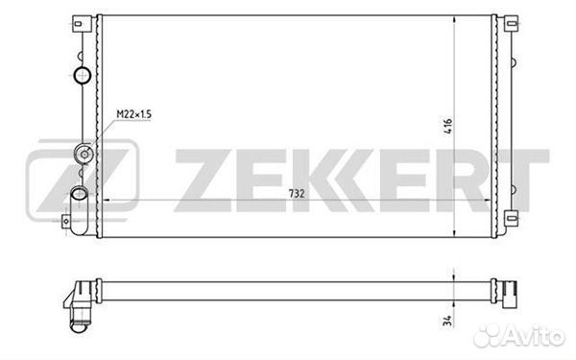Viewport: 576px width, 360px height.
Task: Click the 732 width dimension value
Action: click(297, 193)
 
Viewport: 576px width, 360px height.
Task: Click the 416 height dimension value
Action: click(447, 126)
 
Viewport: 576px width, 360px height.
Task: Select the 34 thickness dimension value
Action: click(447, 321)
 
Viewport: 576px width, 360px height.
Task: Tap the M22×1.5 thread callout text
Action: click(133, 114)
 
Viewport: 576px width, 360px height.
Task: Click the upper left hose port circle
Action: click(83, 75)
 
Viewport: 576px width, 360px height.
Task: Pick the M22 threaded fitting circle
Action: click(84, 154)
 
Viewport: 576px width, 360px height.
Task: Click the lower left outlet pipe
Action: click(79, 211)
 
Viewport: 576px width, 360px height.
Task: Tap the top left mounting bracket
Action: click(82, 24)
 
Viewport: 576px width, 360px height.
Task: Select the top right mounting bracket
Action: click(511, 24)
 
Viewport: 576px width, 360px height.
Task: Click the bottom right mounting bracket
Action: click(511, 219)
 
